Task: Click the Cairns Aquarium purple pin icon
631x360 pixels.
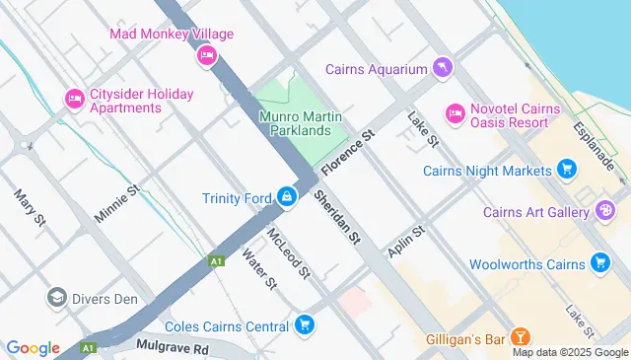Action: coord(443,68)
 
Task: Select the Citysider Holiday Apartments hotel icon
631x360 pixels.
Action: coord(73,99)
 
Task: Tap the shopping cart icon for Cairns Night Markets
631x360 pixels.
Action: coord(567,171)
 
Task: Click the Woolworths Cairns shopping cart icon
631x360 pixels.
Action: coord(599,262)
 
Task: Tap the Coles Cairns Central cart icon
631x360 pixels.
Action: coord(305,324)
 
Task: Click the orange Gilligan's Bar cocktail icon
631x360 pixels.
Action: coord(523,338)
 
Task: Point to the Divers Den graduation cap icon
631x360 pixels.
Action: coord(56,296)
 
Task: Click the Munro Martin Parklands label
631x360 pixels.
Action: coord(302,124)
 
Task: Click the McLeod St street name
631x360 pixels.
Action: coord(288,252)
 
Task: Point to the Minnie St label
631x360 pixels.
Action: coord(117,202)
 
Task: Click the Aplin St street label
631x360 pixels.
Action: coord(405,244)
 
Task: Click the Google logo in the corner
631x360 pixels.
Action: coord(33,348)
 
